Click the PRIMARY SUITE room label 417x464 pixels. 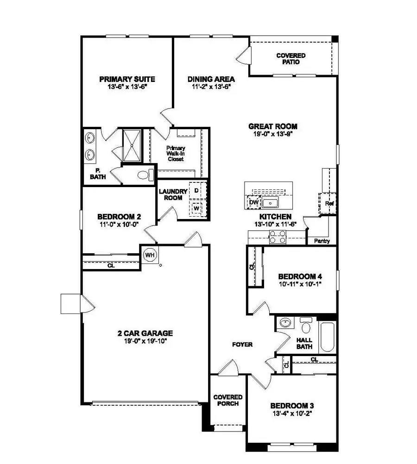127,79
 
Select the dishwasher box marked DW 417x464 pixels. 253,202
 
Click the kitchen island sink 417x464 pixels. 270,202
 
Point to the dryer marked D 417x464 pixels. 196,190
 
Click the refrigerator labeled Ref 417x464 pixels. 329,203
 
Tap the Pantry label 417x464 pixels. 322,241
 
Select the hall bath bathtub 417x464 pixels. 328,335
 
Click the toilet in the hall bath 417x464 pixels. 306,326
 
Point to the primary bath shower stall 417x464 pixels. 132,145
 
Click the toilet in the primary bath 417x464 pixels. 145,175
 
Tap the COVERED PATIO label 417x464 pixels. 291,59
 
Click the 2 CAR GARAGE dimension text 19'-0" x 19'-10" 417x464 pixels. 145,341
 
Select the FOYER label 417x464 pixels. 242,345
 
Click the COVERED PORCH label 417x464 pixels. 227,400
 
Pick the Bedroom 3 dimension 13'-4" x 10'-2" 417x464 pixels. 295,414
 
